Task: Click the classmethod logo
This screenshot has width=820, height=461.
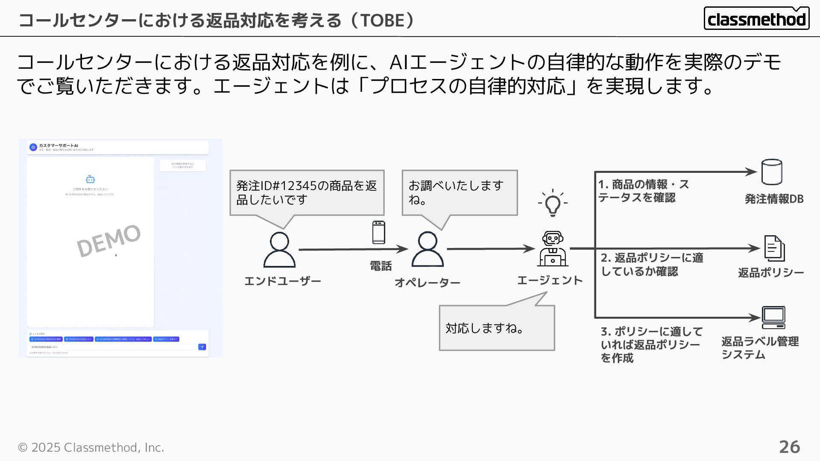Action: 756,18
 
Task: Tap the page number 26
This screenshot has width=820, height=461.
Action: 789,447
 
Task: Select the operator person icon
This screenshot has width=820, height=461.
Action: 428,249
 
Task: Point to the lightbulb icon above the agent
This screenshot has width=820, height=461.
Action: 553,204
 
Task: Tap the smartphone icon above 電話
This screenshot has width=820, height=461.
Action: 378,233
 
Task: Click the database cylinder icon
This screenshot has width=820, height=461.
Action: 772,172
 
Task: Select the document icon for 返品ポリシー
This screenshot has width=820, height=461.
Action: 774,248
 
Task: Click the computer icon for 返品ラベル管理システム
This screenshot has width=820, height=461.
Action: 773,318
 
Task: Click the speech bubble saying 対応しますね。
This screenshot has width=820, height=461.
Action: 497,328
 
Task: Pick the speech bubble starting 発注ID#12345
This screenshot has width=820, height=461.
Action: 307,193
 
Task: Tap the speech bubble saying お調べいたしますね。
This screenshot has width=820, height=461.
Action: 460,193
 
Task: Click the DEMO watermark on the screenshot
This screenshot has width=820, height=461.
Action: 108,241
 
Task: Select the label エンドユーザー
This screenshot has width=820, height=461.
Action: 282,281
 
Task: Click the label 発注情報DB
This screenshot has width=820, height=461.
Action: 774,199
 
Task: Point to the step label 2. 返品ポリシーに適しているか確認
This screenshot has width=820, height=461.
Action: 652,265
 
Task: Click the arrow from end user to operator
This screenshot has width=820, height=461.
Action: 353,249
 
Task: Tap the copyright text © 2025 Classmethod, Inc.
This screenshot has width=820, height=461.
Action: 91,447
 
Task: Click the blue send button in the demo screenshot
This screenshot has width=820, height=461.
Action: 202,347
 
